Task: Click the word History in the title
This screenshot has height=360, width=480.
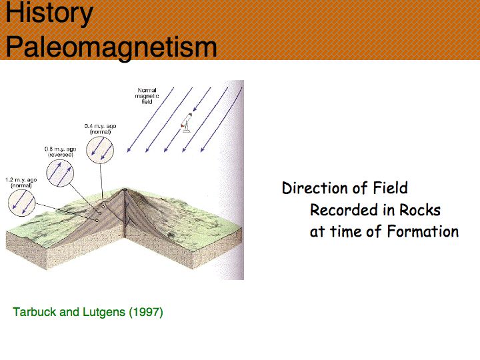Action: (x=49, y=13)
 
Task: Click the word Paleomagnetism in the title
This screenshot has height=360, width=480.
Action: (x=111, y=47)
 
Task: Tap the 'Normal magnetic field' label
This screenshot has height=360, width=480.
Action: (x=147, y=96)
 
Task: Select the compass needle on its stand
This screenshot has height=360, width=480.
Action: (x=187, y=123)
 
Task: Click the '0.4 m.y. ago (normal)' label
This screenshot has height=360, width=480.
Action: (x=100, y=129)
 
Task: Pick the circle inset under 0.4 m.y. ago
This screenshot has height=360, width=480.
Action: (x=100, y=150)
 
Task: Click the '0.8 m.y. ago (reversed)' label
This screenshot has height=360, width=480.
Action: (x=60, y=152)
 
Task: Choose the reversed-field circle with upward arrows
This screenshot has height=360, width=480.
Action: (x=60, y=173)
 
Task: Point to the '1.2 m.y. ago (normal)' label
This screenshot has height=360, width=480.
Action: (x=21, y=183)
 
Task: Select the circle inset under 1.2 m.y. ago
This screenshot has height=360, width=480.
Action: (x=22, y=203)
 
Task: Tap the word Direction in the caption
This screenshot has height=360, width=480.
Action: (x=316, y=188)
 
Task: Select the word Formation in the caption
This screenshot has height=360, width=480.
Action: (x=423, y=231)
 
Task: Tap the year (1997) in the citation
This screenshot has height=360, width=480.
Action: (x=146, y=312)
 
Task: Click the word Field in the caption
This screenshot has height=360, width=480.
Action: (x=390, y=188)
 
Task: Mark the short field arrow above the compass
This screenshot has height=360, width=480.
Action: (x=202, y=99)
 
